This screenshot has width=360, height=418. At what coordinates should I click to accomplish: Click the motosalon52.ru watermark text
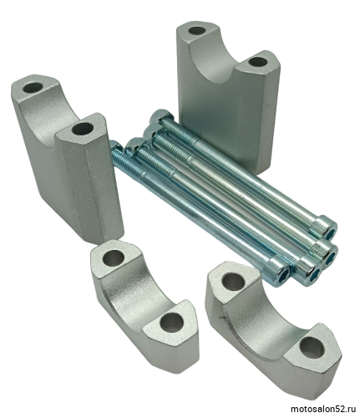323,410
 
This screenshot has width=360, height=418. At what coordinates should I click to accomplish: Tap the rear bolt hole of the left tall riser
33,88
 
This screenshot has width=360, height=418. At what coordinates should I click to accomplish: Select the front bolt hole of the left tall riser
82,129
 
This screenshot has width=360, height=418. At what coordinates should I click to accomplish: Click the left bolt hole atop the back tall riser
197,30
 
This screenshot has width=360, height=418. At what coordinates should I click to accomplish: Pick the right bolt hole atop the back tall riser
257,62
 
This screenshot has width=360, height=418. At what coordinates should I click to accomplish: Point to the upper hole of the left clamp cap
113,257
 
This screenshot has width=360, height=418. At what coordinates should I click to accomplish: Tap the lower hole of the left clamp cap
171,323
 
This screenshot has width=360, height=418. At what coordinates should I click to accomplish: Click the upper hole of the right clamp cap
234,280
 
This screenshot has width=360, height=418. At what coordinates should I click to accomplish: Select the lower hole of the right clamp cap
312,347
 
